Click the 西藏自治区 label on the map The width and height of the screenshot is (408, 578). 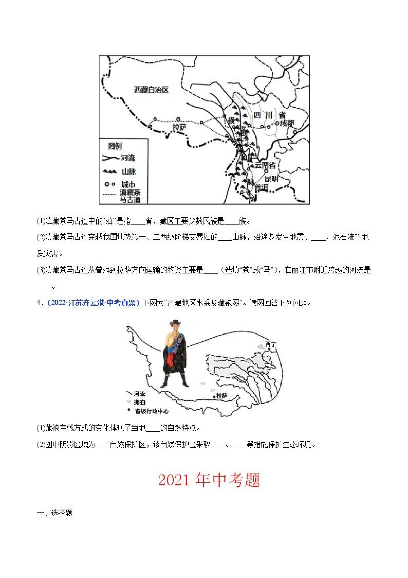[151, 90]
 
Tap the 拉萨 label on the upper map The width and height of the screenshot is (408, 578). [180, 128]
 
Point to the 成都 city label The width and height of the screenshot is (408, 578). [287, 123]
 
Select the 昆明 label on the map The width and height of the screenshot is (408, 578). [271, 179]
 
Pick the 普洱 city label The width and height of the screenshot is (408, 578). [261, 187]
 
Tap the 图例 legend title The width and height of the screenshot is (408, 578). [115, 146]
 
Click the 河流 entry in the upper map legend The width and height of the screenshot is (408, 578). [128, 158]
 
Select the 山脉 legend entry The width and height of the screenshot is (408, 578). [129, 172]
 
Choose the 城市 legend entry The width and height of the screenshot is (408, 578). [129, 184]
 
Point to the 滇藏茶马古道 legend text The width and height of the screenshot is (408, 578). [130, 196]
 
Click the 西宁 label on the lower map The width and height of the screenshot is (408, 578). [271, 344]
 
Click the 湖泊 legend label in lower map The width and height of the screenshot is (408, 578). [140, 402]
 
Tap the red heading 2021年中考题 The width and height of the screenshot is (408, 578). [209, 480]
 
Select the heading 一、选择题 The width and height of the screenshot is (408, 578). [55, 513]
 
